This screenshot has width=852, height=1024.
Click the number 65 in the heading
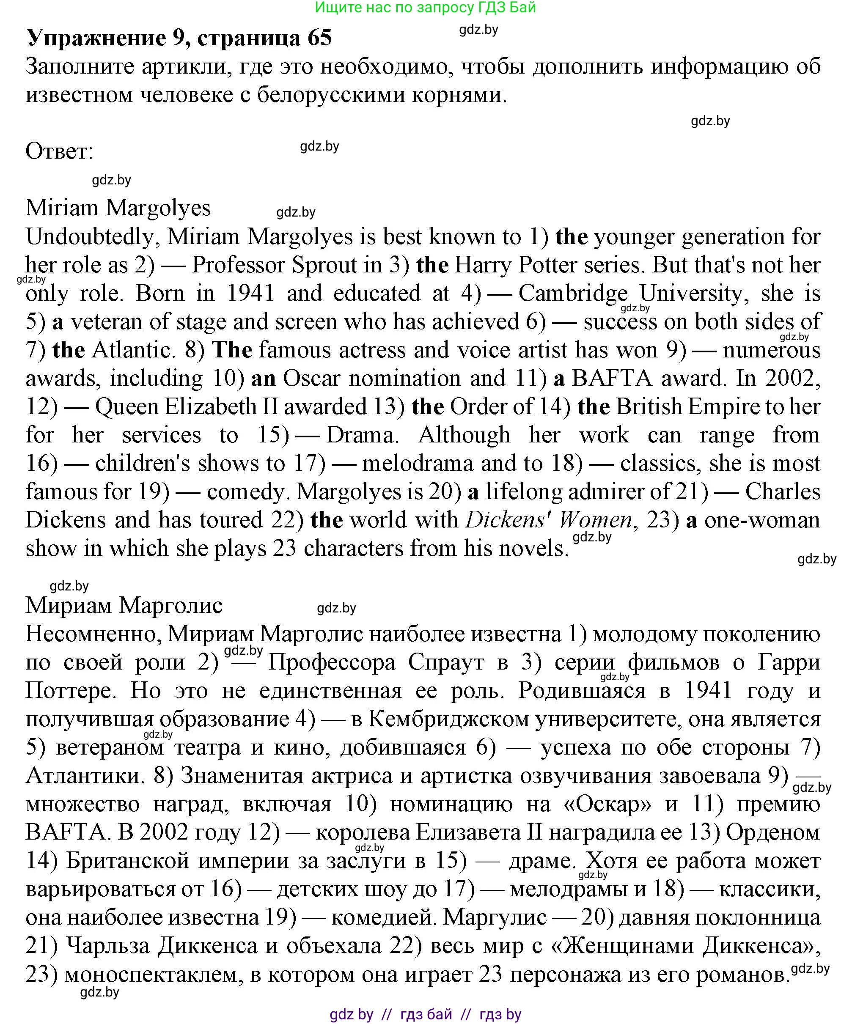[319, 38]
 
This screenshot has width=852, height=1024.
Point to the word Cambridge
[573, 294]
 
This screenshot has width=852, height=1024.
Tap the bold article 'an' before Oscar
[264, 379]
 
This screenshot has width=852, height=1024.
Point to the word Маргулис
[495, 917]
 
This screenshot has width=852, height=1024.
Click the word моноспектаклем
[154, 973]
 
